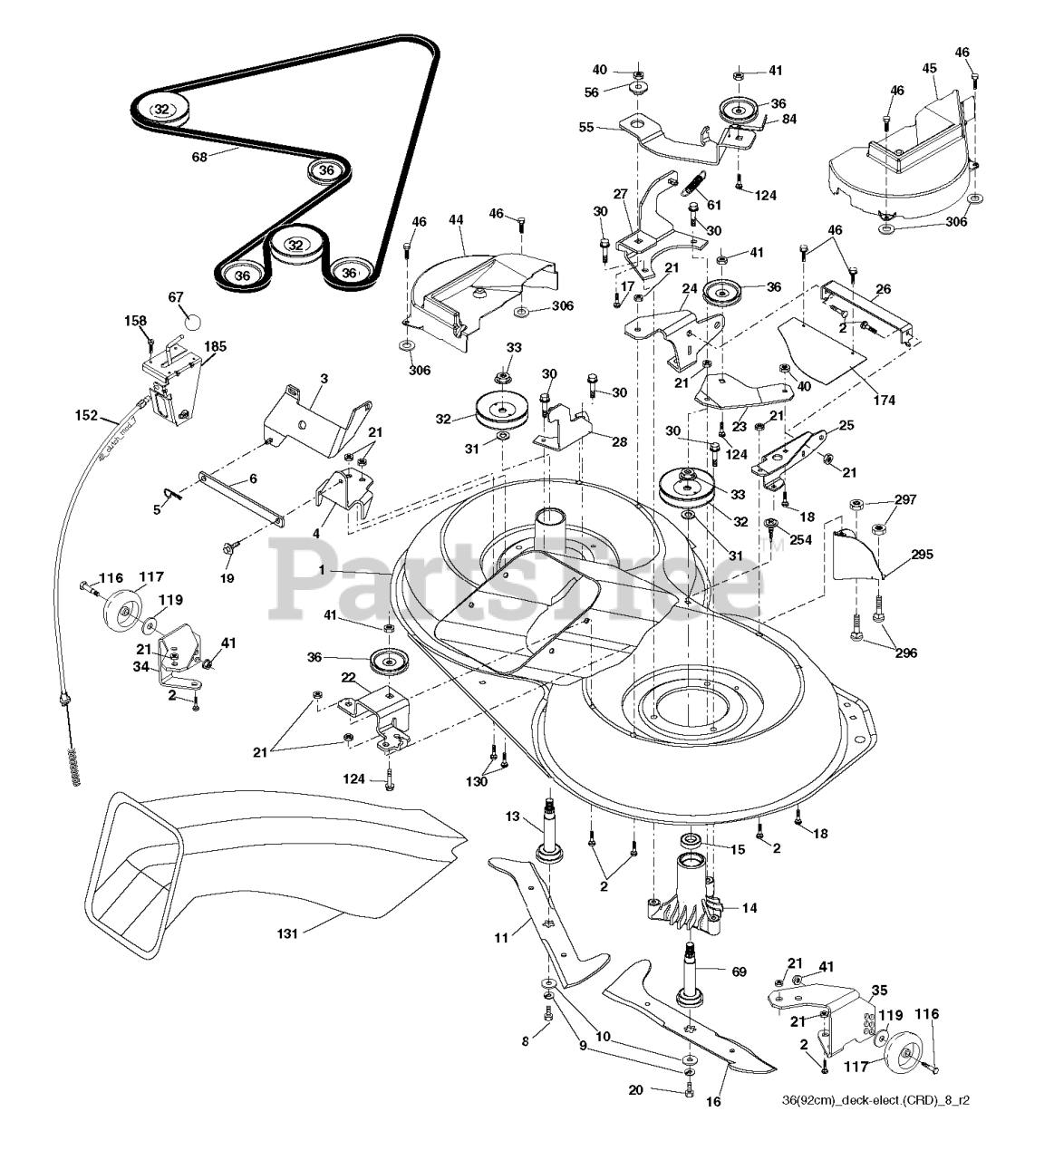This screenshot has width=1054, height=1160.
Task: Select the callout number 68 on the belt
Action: tap(200, 156)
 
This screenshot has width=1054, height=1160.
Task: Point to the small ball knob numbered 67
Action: tap(193, 320)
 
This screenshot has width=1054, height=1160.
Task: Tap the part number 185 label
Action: tap(216, 345)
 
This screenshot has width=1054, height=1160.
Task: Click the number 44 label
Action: tap(455, 220)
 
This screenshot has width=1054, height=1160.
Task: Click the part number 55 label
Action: tap(585, 128)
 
